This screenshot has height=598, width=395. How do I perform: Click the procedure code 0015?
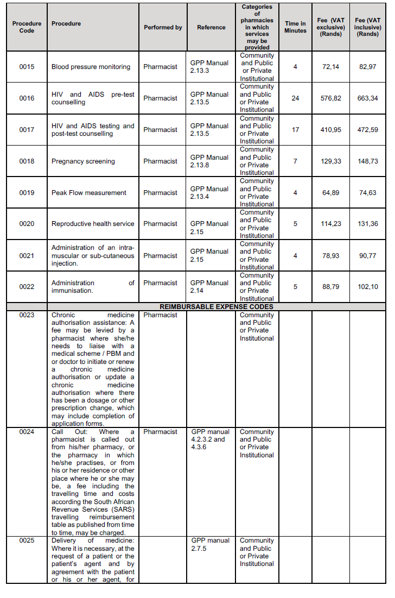point(27,67)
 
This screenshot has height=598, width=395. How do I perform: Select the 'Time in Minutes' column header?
point(295,27)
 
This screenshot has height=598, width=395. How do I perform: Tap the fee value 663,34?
point(367,98)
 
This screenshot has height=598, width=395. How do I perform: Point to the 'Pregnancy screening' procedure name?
point(83,161)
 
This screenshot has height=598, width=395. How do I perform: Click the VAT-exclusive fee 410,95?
point(330,130)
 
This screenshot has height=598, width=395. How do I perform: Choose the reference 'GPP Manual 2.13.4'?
point(209,193)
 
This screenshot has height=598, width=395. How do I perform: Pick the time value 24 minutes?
point(295,98)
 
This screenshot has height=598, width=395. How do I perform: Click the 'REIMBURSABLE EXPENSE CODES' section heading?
point(216,307)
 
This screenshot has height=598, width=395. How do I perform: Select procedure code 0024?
point(27,432)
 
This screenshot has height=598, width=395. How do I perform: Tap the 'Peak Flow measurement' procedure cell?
point(89,193)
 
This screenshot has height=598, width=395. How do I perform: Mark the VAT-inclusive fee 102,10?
point(367,286)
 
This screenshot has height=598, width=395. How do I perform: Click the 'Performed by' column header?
point(163,27)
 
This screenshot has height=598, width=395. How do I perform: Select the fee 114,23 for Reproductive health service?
point(330,224)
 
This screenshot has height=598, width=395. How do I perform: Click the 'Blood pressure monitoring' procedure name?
point(91,67)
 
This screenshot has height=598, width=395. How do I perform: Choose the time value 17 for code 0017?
point(295,130)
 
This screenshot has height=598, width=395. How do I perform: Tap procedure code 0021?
point(27,255)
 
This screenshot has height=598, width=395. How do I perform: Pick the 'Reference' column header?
point(211,27)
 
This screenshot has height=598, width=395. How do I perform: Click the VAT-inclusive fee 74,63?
point(367,193)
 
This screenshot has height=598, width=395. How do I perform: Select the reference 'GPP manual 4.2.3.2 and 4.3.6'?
point(211,439)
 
